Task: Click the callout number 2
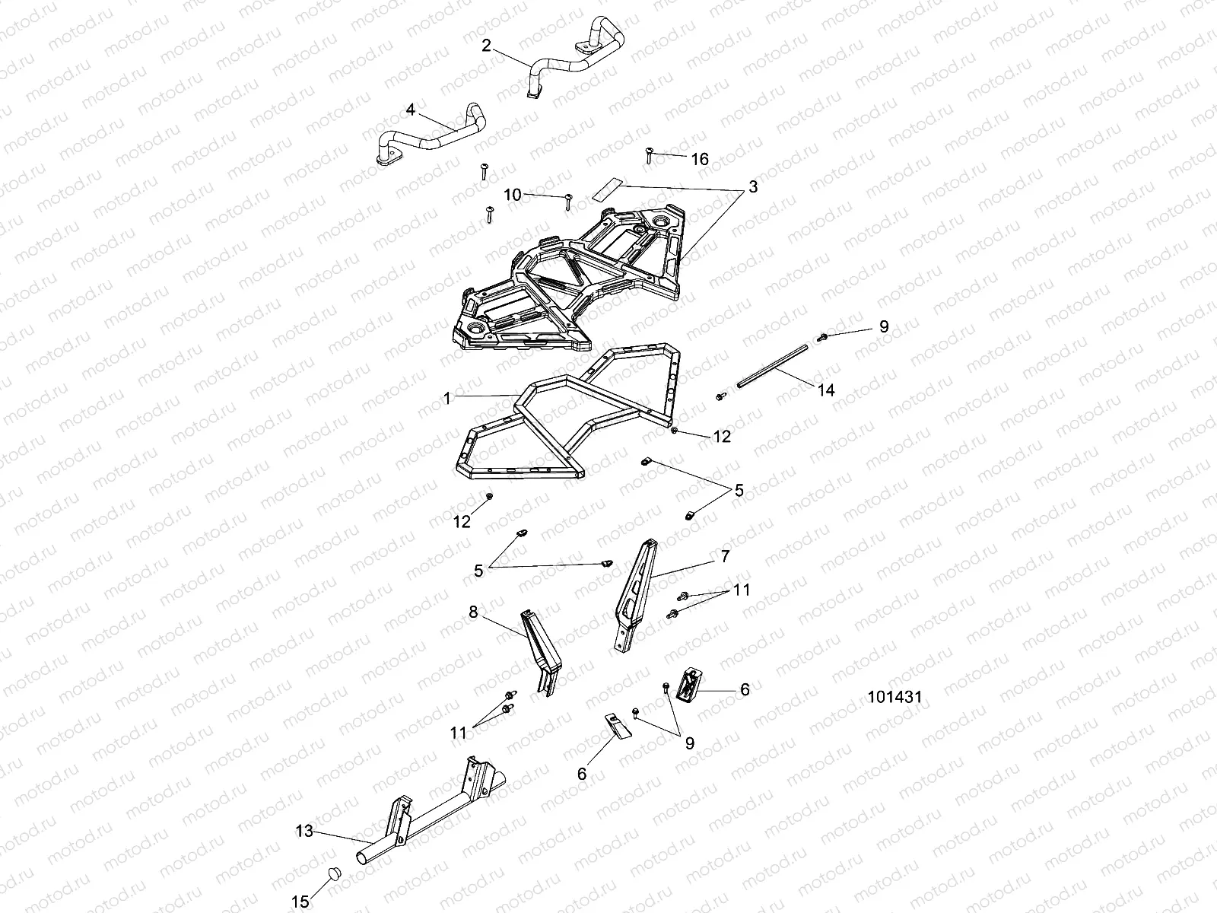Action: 487,46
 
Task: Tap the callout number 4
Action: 411,110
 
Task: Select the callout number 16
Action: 699,159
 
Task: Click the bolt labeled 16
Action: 650,154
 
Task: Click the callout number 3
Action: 753,186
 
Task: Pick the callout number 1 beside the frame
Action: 447,398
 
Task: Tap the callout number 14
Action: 826,390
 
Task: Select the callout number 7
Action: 725,557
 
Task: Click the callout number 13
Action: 304,832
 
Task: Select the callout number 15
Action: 300,902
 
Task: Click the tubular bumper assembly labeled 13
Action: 426,822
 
